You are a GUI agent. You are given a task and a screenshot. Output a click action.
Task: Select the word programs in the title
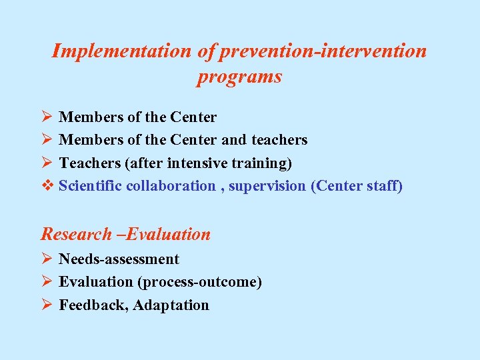tap(239, 77)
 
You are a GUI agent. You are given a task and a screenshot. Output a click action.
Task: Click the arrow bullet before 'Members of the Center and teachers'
tap(46, 139)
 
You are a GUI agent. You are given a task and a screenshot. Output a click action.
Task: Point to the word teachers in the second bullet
tap(279, 140)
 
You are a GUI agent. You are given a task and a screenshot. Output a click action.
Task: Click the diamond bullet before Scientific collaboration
tap(46, 185)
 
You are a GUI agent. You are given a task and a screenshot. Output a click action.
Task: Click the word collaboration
tap(173, 186)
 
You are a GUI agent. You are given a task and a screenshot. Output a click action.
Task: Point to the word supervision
tap(267, 186)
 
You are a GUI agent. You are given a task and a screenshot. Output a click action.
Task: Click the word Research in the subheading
tap(76, 234)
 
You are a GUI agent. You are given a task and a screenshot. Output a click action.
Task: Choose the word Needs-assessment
tap(119, 259)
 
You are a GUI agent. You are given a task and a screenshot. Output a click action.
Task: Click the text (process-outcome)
tap(199, 282)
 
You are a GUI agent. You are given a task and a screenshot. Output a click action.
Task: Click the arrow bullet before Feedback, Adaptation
tap(46, 305)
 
